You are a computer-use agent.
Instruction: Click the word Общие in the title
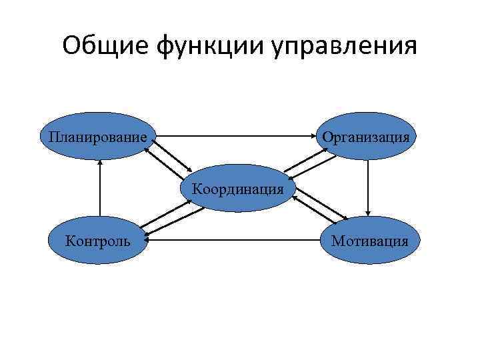[107, 47]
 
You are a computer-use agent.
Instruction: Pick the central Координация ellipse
[238, 188]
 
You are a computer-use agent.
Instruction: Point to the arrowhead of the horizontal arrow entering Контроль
[149, 234]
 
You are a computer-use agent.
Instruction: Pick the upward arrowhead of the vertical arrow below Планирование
[99, 163]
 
